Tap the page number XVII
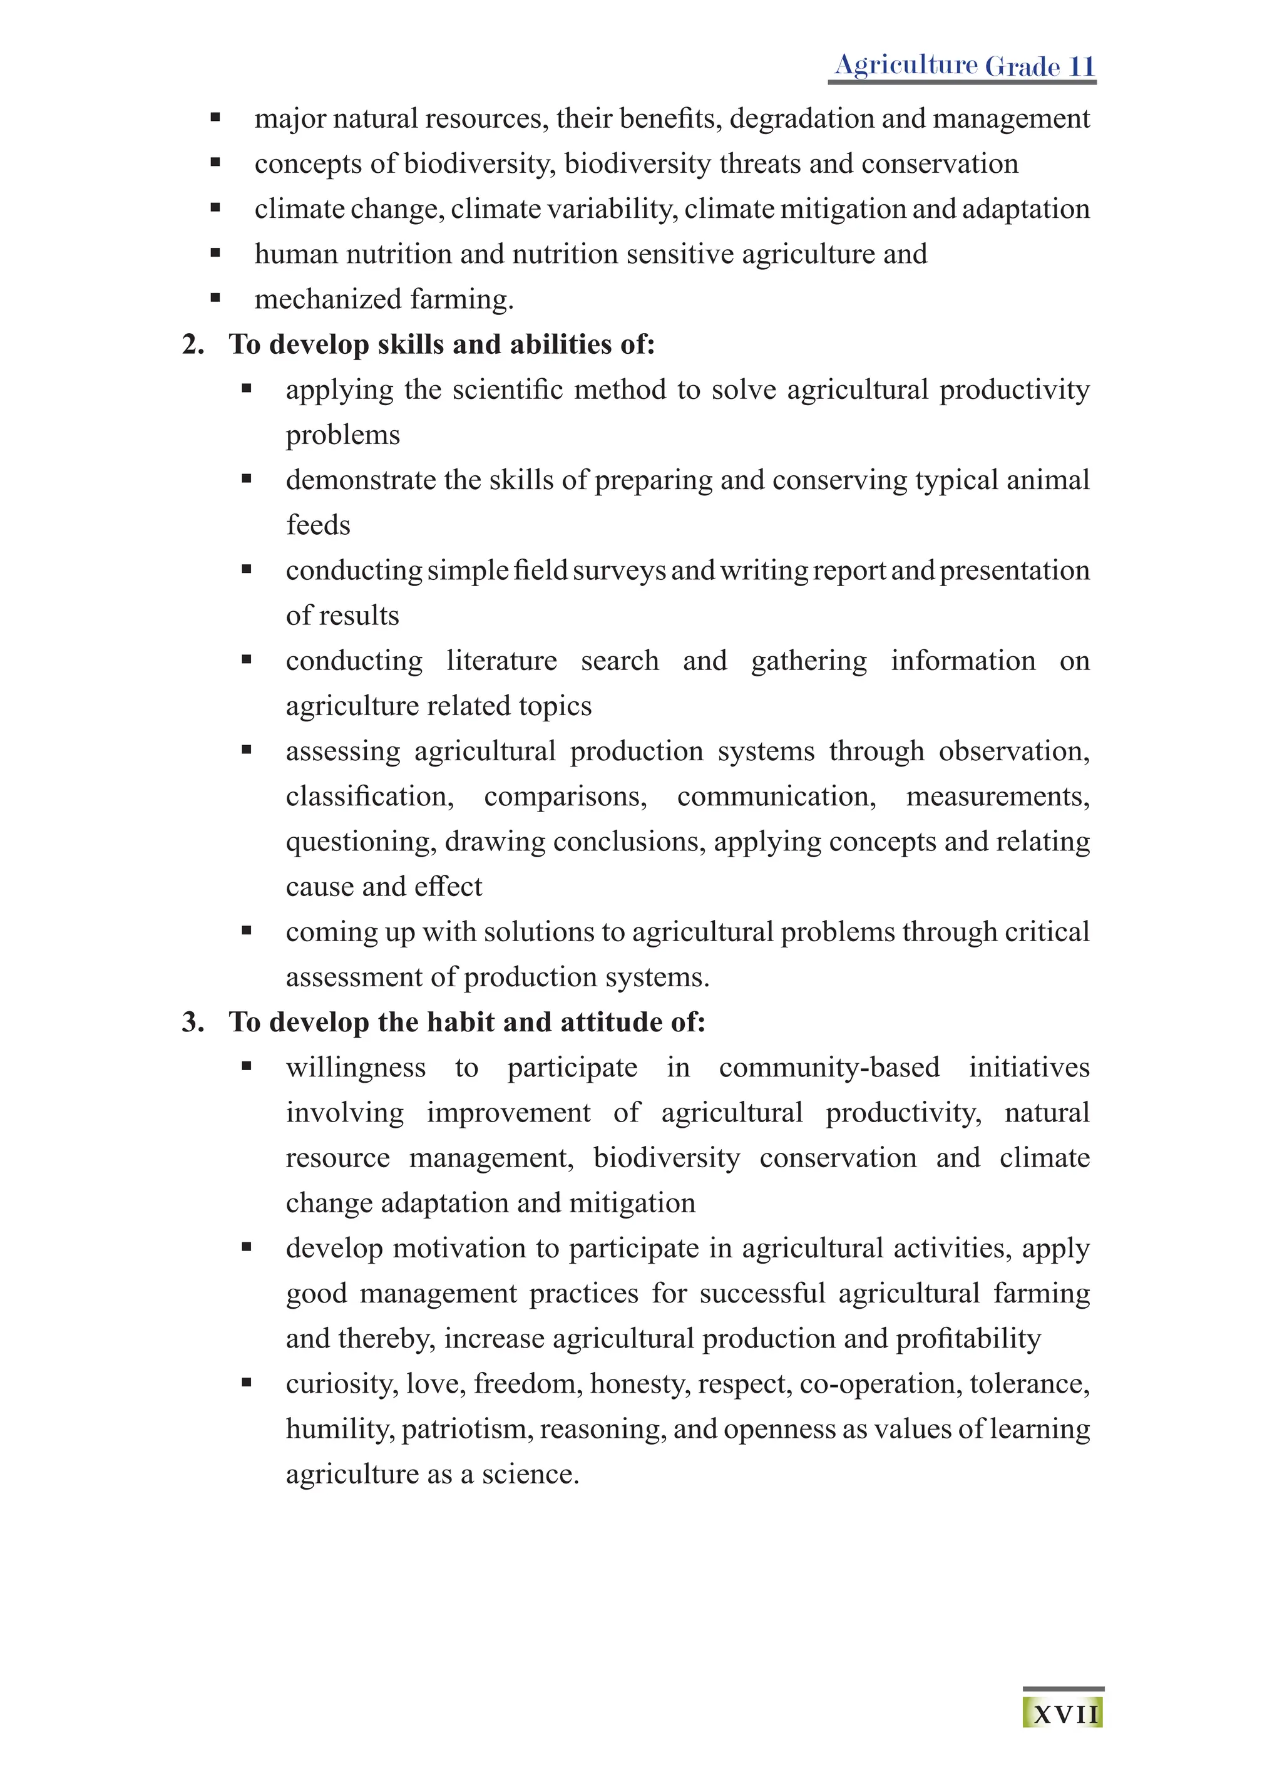(1065, 1715)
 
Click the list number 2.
(192, 344)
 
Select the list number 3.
(192, 1022)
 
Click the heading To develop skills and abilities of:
(441, 344)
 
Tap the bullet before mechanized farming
(215, 298)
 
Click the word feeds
(317, 525)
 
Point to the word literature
(502, 661)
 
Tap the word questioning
(360, 842)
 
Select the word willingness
(356, 1068)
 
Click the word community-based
(829, 1068)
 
